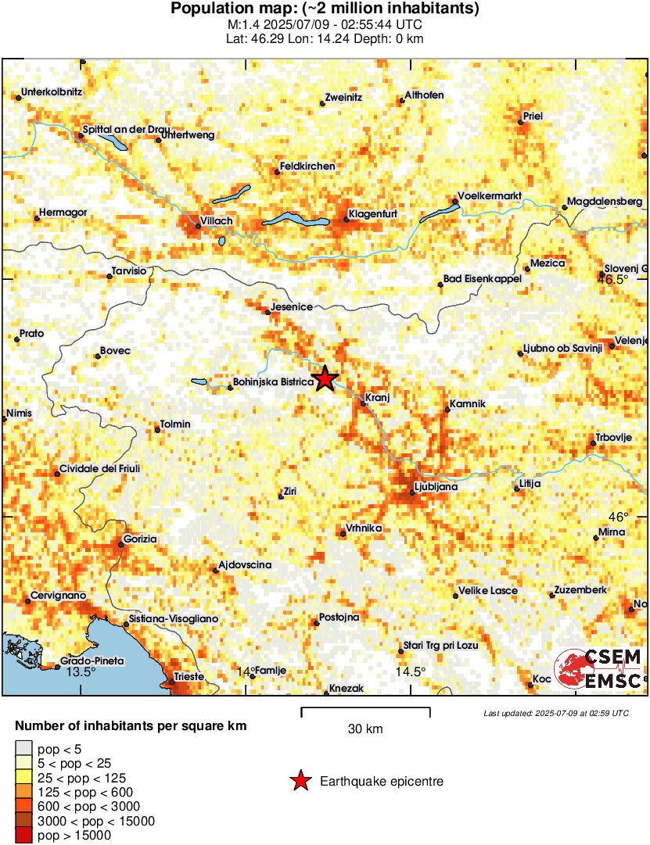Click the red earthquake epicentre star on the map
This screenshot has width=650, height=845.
(325, 379)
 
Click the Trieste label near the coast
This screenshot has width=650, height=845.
(189, 676)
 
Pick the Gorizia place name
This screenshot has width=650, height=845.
(141, 539)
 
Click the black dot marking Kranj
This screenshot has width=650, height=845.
(363, 403)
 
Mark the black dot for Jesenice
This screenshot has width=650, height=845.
(268, 312)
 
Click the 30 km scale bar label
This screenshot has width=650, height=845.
(365, 729)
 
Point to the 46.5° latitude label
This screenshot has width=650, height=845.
(613, 279)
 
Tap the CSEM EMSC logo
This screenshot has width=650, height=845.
(598, 670)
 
